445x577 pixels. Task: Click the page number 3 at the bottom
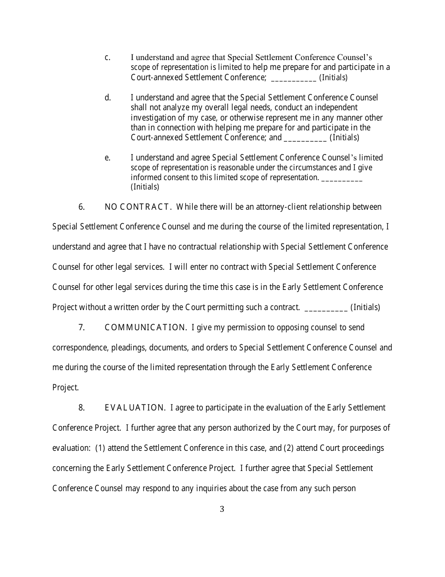coord(222,509)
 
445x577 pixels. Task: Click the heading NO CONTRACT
coord(139,207)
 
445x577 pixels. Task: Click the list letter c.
coord(107,58)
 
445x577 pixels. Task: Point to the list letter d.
coord(108,98)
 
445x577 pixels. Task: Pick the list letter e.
coord(107,158)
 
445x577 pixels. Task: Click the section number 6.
coord(81,207)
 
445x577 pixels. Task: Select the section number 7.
coord(81,327)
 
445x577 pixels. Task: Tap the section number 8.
coord(81,408)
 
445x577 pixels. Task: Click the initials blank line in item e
coord(342,179)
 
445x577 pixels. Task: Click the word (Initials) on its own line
coord(145,187)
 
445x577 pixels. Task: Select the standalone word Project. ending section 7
coord(66,388)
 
